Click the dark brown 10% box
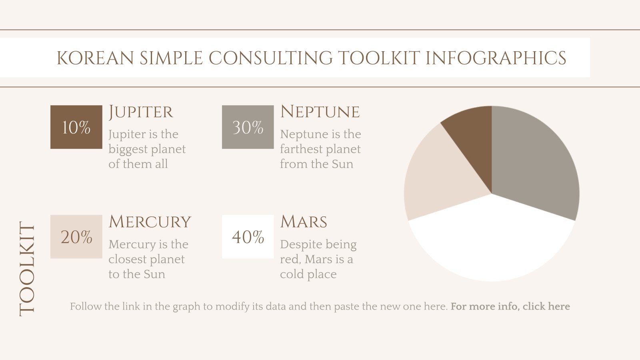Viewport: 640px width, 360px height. pos(76,127)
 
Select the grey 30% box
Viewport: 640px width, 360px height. pos(248,127)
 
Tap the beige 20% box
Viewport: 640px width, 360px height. pos(76,237)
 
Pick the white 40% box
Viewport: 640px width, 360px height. pos(248,237)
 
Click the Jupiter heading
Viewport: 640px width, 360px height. pos(141,112)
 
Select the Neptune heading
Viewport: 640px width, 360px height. pos(320,112)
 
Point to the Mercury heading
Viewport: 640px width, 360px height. pos(150,222)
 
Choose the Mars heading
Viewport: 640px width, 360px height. pos(304,222)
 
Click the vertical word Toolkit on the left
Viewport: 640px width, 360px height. pos(27,269)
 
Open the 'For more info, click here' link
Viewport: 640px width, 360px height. pos(510,306)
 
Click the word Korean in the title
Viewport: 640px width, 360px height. pos(95,58)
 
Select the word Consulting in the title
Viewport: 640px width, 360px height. pos(270,58)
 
